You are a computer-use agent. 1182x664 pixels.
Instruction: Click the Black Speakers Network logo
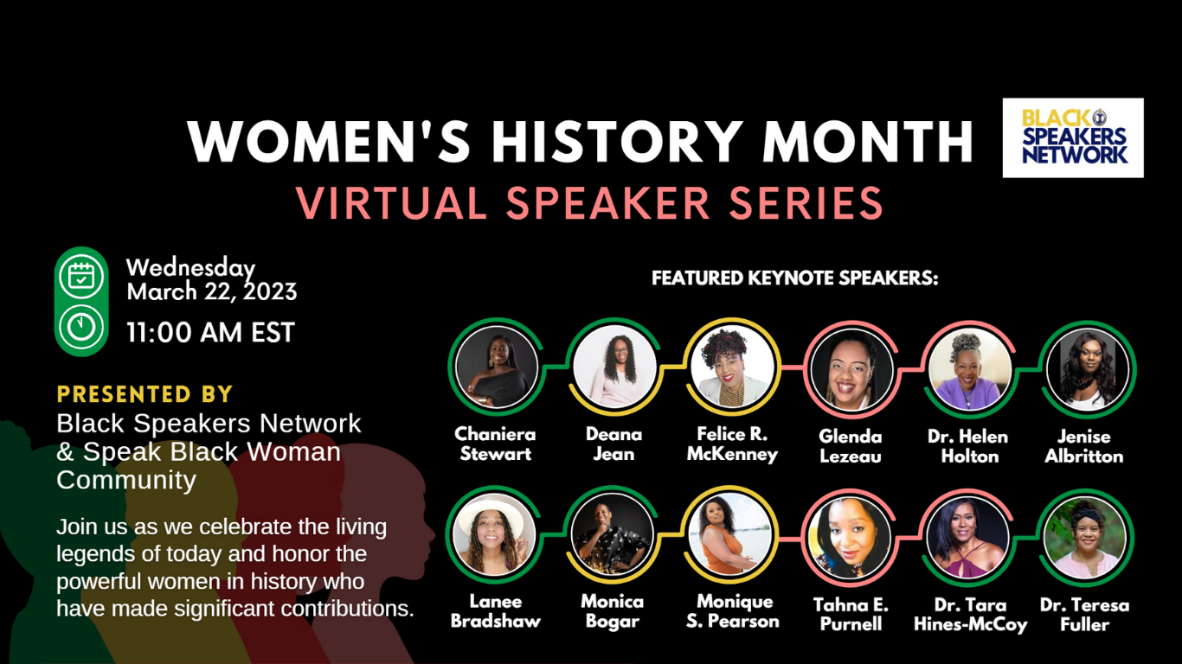[1073, 137]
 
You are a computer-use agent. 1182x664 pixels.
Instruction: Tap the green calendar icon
[81, 277]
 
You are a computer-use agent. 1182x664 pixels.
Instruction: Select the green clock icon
[81, 327]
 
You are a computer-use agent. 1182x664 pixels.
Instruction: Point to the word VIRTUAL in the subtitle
[391, 202]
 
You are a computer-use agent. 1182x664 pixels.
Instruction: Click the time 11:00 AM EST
[210, 333]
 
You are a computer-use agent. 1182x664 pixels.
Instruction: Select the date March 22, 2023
[212, 291]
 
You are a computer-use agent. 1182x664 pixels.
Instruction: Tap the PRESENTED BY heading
[145, 394]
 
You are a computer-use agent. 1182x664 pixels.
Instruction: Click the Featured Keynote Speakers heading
[794, 278]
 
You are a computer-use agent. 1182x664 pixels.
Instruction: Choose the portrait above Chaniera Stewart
[497, 367]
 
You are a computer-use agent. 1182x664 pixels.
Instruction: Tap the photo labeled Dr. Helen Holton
[969, 370]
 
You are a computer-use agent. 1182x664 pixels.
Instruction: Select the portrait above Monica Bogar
[612, 535]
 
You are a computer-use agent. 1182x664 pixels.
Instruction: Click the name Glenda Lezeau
[851, 446]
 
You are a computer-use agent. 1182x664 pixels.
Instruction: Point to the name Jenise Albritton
[1084, 446]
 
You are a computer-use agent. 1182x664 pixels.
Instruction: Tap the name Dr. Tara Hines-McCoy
[970, 615]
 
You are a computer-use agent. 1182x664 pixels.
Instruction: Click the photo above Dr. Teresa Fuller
[1085, 538]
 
